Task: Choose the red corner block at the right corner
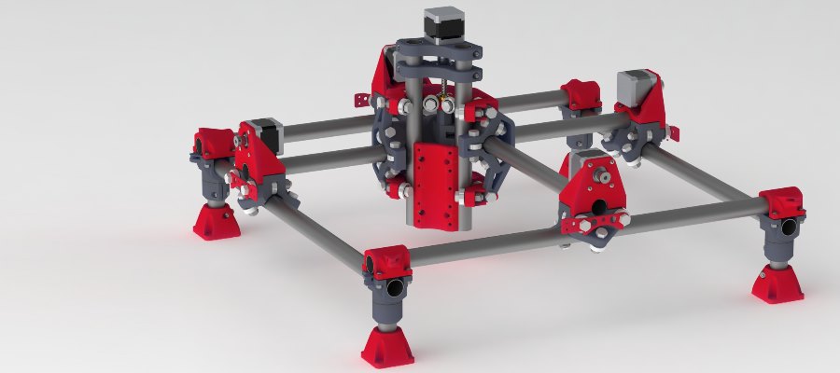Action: (x=782, y=200)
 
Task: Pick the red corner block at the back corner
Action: (x=580, y=94)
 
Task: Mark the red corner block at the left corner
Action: (x=212, y=144)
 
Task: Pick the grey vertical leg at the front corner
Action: (x=388, y=308)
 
